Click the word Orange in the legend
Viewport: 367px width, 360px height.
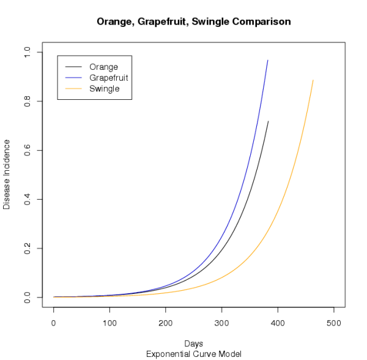[103, 67]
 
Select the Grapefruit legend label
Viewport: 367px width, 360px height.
[108, 78]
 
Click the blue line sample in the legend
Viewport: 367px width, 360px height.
[73, 78]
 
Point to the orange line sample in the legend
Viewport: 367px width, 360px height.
[73, 89]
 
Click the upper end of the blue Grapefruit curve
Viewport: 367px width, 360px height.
[268, 60]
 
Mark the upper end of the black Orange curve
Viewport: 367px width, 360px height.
[268, 121]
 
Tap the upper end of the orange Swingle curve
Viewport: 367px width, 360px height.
[313, 80]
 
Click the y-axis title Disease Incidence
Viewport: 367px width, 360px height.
[7, 174]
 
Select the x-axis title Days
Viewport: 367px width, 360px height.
[193, 343]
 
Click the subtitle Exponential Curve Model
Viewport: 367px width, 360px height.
[193, 354]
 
